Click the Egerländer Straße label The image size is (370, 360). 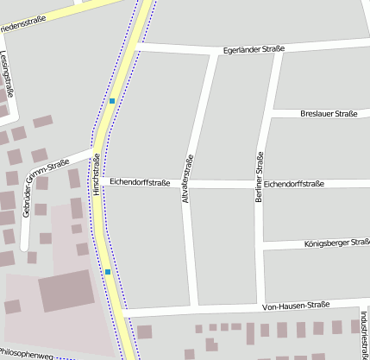click(254, 51)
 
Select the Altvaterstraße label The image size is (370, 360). click(188, 180)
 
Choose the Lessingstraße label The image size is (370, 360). click(8, 73)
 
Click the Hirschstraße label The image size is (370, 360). click(97, 174)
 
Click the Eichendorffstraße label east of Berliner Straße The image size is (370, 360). click(293, 184)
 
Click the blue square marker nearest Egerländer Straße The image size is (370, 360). click(112, 101)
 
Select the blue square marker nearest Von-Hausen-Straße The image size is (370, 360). click(108, 272)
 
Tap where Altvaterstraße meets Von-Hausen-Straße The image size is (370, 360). click(195, 307)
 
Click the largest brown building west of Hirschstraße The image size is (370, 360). click(66, 291)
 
